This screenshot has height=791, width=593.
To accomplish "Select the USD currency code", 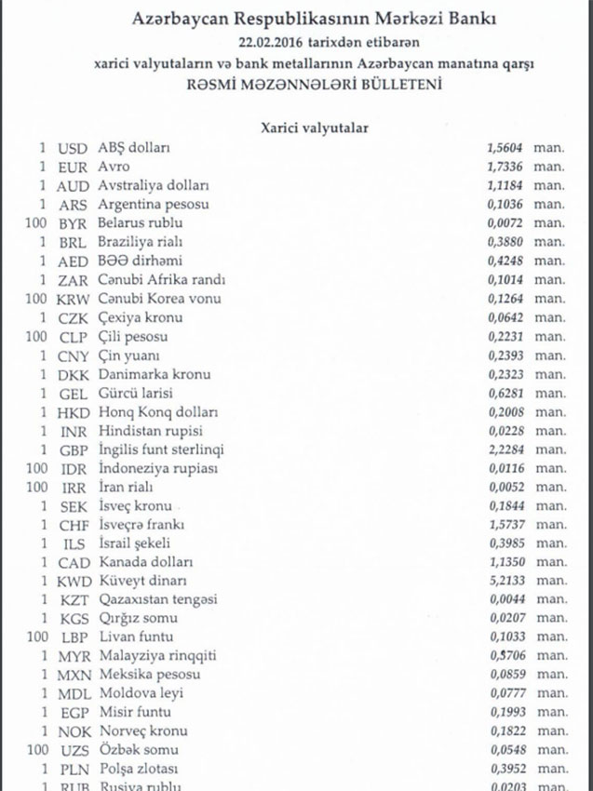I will tap(73, 148).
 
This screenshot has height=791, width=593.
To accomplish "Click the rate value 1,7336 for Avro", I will tap(506, 167).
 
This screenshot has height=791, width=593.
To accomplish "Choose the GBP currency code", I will tap(73, 449).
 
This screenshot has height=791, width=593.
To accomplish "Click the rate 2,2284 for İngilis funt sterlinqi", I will tap(506, 449).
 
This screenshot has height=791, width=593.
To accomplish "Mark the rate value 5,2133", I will tap(506, 581).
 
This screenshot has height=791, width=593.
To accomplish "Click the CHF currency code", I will tap(73, 525).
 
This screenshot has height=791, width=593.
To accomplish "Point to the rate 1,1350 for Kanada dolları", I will tap(506, 562).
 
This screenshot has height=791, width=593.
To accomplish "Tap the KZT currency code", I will tap(73, 599).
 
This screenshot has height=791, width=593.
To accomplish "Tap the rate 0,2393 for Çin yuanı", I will tap(506, 355).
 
